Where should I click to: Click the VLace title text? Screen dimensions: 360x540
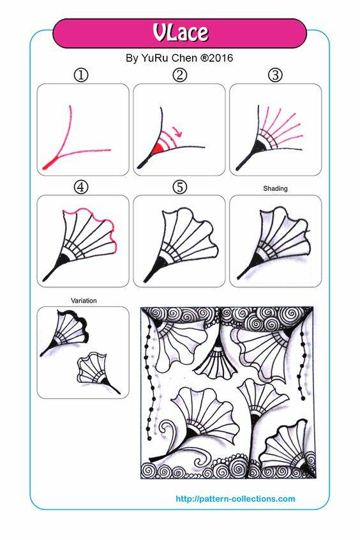tap(181, 33)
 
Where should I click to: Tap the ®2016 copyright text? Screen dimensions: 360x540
tap(216, 58)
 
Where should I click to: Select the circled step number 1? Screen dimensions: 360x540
tap(81, 75)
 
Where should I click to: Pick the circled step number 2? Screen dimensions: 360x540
tap(179, 75)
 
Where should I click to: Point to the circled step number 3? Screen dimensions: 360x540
tap(275, 75)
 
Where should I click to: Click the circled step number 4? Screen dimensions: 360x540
tap(81, 188)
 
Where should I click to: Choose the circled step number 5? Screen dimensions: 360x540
tap(179, 188)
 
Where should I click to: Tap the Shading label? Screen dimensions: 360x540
tap(275, 188)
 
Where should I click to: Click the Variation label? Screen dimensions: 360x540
tap(84, 301)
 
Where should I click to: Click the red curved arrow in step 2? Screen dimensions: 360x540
tap(177, 131)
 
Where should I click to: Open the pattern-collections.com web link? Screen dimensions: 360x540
tap(236, 499)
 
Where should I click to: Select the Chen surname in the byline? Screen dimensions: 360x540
tap(184, 58)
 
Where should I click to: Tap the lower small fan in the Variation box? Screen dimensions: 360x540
tap(96, 373)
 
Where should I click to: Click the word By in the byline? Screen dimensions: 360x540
tap(132, 58)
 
